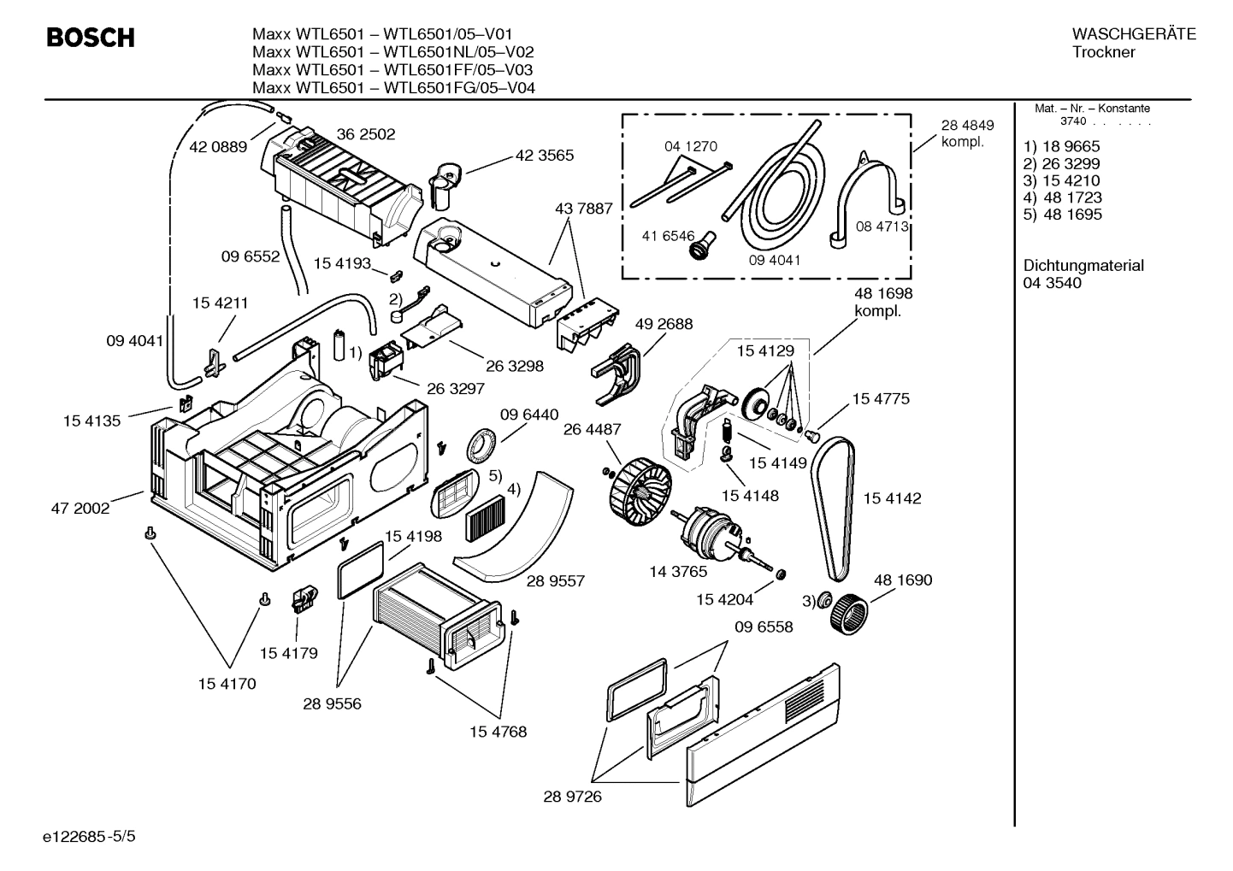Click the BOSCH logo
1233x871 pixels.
click(91, 38)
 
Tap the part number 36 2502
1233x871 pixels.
click(366, 134)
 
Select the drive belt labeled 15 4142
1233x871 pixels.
click(833, 504)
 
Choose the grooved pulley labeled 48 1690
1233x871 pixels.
click(848, 612)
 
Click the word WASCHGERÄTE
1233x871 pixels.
click(1133, 34)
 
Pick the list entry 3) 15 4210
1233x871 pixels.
click(1061, 180)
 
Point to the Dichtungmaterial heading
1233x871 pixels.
click(1083, 266)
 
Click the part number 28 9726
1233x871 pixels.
click(573, 797)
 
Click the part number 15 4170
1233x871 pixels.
click(227, 684)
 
